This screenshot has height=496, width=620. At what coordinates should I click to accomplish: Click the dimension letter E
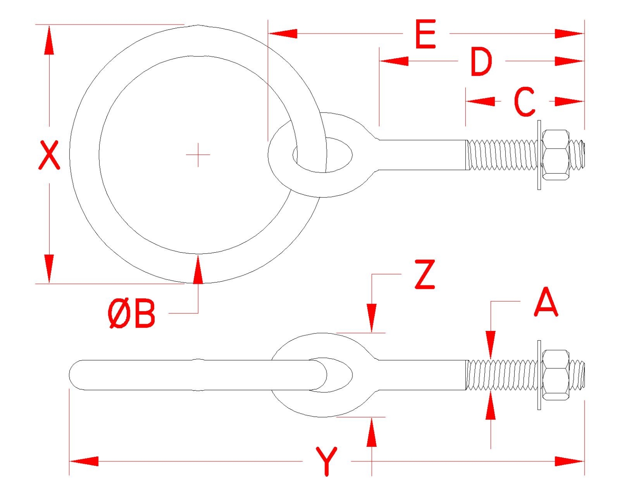(425, 34)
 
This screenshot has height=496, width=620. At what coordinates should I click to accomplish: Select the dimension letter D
(481, 62)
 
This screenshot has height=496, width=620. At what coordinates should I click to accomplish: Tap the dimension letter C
(524, 102)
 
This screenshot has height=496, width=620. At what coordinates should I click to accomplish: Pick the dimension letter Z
(425, 275)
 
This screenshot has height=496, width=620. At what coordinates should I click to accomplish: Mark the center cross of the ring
(198, 154)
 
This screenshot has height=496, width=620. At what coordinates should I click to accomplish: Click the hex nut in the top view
(556, 155)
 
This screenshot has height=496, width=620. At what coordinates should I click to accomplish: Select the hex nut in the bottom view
(556, 375)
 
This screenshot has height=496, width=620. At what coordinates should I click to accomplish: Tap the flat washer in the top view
(539, 155)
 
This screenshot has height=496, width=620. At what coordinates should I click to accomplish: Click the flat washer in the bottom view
(539, 375)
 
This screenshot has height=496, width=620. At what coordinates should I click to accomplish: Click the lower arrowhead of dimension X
(49, 269)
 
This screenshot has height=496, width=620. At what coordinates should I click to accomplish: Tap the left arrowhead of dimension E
(283, 34)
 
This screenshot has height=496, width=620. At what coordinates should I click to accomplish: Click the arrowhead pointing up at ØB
(198, 269)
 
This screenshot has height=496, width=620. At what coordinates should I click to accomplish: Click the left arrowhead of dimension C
(480, 102)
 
